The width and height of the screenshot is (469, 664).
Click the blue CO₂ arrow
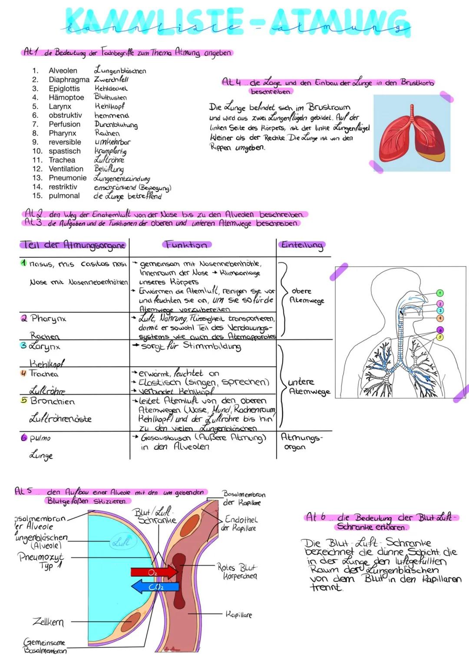click(155, 587)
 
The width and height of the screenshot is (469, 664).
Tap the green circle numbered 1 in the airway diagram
click(440, 293)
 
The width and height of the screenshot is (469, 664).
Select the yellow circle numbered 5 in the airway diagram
click(440, 337)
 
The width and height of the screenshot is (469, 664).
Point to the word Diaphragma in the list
click(69, 80)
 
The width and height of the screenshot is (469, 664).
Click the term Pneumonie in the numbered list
click(67, 178)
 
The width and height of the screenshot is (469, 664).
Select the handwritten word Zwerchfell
click(112, 80)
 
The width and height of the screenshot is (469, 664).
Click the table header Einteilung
click(303, 245)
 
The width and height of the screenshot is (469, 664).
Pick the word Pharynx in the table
click(48, 319)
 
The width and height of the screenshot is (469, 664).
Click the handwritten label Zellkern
click(48, 622)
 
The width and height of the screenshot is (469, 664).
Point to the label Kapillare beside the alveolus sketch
click(238, 614)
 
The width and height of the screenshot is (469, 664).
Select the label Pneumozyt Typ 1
click(41, 561)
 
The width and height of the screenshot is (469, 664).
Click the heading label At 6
click(316, 517)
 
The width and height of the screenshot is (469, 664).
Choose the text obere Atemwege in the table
click(307, 296)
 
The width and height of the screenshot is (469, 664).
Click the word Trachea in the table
click(43, 374)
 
